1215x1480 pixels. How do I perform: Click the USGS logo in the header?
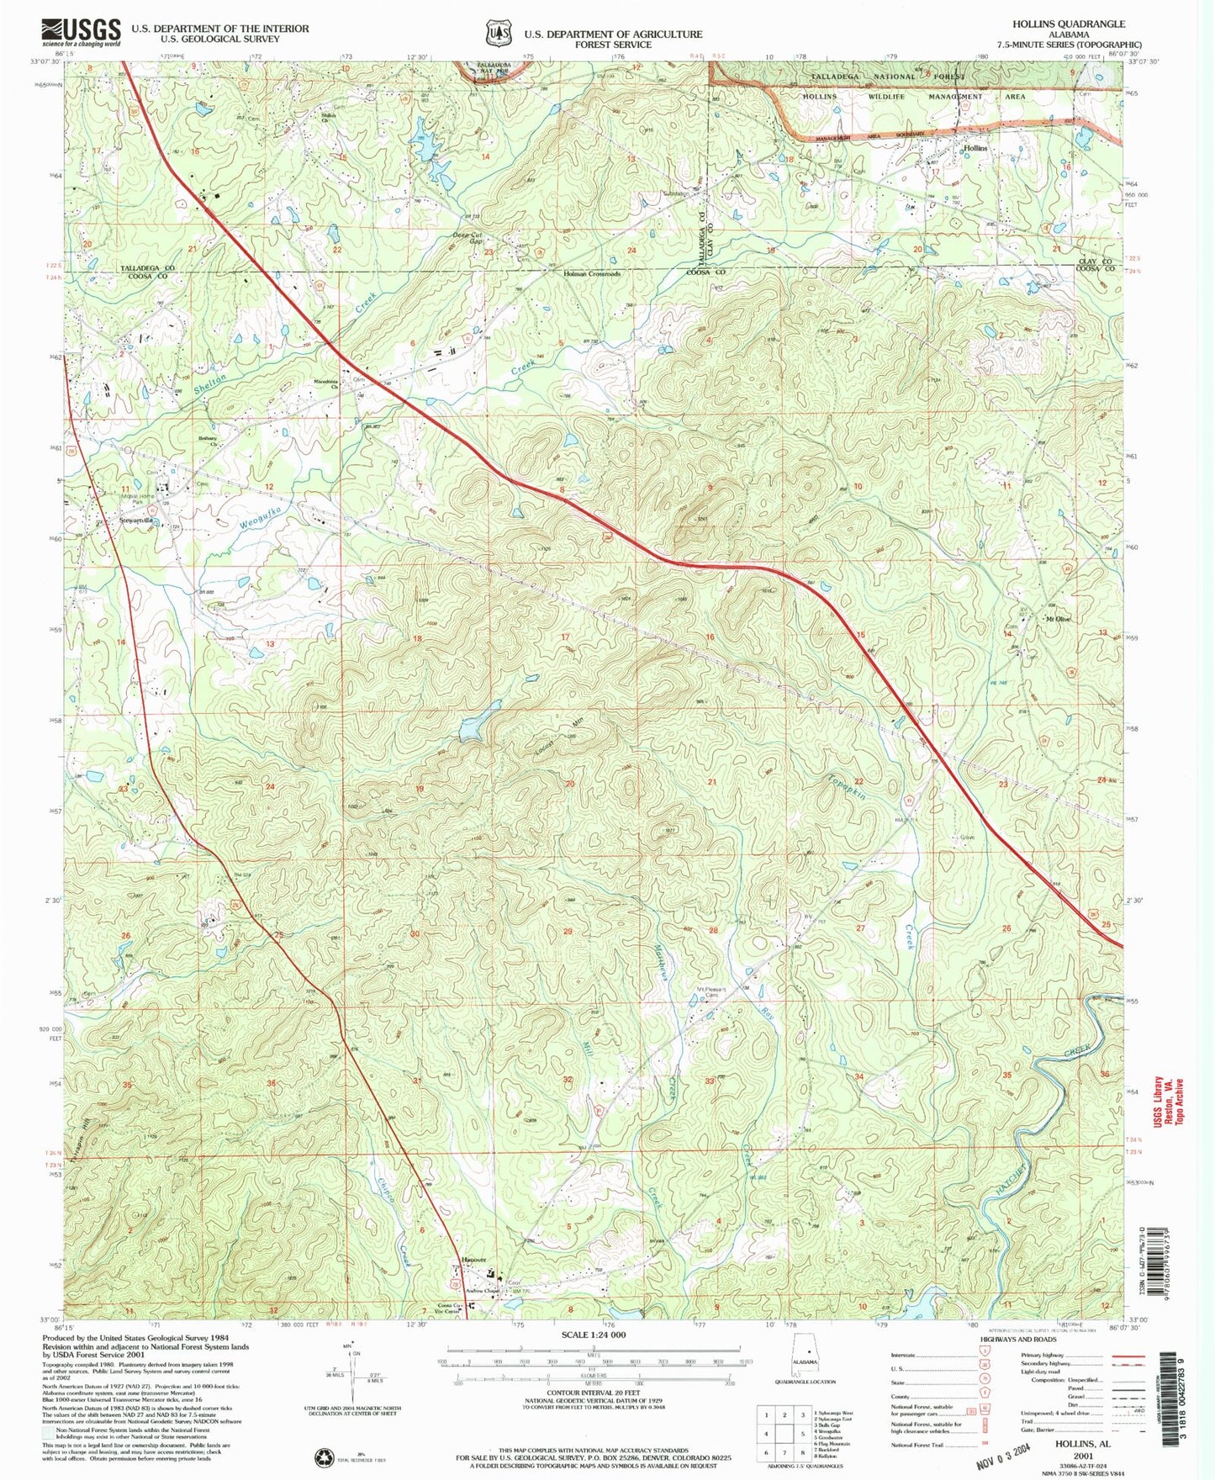point(80,32)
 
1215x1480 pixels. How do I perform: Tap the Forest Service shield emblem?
point(497,32)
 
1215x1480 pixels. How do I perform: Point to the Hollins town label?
point(975,148)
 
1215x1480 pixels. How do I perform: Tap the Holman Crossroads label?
point(592,274)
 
